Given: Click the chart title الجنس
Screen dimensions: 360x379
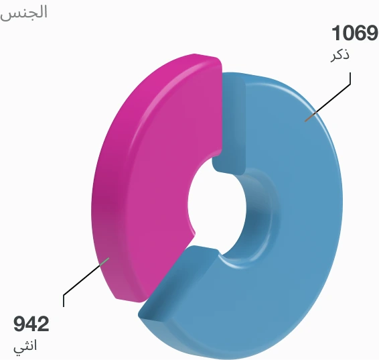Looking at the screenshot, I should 24,13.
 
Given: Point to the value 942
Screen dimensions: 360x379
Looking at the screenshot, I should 31,325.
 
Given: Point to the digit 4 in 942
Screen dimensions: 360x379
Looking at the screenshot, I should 31,325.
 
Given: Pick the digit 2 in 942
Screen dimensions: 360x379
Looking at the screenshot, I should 43,325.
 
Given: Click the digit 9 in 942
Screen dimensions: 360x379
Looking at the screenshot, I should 20,325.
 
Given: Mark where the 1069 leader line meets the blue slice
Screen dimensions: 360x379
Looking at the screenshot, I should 306,121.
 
